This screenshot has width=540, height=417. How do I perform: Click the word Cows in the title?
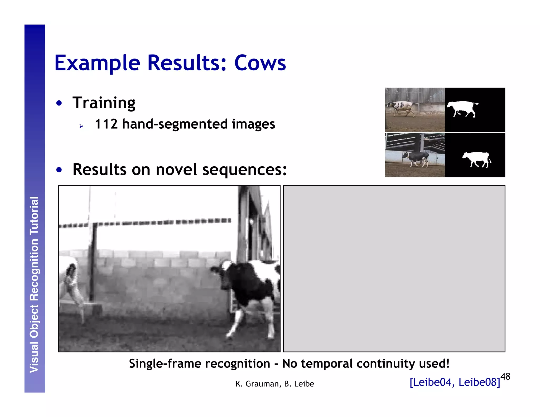[260, 63]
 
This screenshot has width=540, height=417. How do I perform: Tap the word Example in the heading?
[97, 64]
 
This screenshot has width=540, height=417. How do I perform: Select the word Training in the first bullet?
[104, 103]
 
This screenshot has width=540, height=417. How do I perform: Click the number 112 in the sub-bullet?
[106, 124]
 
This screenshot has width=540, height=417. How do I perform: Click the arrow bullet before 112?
[81, 126]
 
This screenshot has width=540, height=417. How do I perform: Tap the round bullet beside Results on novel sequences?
[59, 170]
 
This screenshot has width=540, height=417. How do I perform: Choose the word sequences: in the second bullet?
[244, 169]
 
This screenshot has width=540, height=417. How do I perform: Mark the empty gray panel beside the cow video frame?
[394, 268]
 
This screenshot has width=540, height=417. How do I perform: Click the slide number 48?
[505, 376]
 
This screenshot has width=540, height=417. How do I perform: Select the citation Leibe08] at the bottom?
[479, 382]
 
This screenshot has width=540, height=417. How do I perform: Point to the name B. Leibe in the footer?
[299, 384]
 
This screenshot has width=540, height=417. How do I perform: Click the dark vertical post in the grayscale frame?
[92, 264]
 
